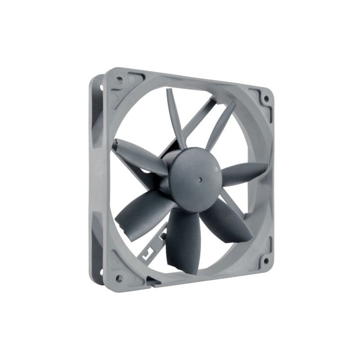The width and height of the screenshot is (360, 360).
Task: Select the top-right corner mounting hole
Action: tap(266, 98)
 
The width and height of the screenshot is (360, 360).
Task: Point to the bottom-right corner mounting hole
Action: tap(265, 260)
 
